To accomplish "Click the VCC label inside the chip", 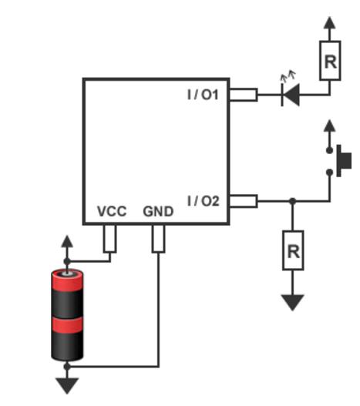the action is [x=112, y=211].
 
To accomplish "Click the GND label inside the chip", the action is [x=158, y=211].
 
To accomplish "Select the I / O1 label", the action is [x=203, y=95].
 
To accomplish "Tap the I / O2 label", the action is [x=204, y=201].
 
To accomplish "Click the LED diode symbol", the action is [x=291, y=95].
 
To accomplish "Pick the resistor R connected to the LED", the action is [x=330, y=60].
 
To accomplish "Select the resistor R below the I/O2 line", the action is [x=293, y=250].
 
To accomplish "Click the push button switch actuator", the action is [x=344, y=161].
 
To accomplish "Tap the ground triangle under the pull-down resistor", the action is [x=293, y=302].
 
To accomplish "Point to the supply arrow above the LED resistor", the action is [x=330, y=23].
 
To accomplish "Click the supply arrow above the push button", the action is [x=330, y=126].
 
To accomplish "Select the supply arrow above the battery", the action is [x=67, y=241].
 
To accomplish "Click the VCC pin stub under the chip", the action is [x=110, y=239].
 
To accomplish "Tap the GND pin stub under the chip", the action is [x=158, y=239].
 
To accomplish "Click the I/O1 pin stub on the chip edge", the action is [x=244, y=95].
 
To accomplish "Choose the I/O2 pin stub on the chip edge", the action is [x=244, y=201].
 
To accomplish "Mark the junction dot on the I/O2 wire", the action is [x=293, y=201].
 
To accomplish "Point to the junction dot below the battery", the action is [x=67, y=367].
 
